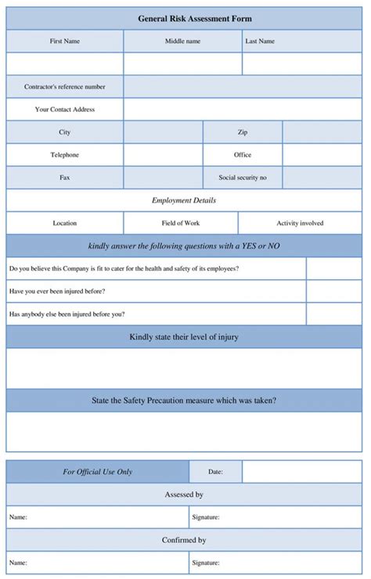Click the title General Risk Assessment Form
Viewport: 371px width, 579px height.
click(x=184, y=18)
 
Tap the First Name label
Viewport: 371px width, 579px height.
click(x=65, y=41)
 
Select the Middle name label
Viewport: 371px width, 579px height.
click(x=182, y=41)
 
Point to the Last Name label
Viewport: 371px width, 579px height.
click(x=260, y=41)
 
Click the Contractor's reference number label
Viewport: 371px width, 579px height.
click(x=65, y=87)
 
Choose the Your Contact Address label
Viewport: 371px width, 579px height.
click(x=65, y=110)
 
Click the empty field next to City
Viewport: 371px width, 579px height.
click(x=163, y=132)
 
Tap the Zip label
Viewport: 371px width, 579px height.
click(x=243, y=132)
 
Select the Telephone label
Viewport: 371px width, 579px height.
click(x=65, y=155)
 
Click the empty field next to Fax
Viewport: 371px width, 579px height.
click(x=163, y=178)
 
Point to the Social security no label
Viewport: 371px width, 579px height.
click(x=243, y=178)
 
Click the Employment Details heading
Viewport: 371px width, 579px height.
click(x=184, y=200)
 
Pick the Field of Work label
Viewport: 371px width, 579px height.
click(x=181, y=223)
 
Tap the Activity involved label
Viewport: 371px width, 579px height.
click(x=300, y=223)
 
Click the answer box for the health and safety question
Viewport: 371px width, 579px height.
click(x=334, y=268)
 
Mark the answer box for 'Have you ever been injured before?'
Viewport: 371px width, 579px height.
click(x=334, y=291)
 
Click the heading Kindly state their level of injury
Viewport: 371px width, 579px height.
click(x=184, y=337)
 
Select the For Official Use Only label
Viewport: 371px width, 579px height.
click(x=98, y=472)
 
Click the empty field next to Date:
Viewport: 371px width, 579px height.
click(x=302, y=472)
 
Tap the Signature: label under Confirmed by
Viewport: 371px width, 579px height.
click(x=206, y=563)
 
